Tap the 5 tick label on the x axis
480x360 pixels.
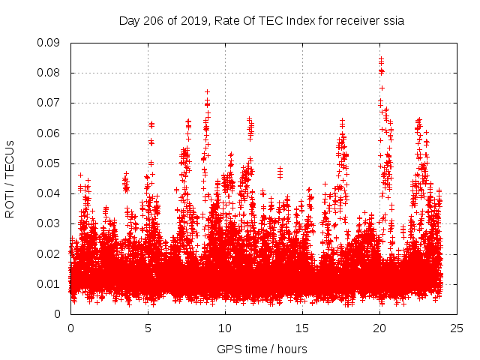(x=148, y=328)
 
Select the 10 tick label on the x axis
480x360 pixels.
(x=225, y=328)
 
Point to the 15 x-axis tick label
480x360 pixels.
(x=302, y=328)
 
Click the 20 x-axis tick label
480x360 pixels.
(x=380, y=328)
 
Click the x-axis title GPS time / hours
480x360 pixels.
(x=262, y=349)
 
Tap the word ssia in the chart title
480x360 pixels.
(x=393, y=21)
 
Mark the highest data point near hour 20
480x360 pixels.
(x=381, y=58)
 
